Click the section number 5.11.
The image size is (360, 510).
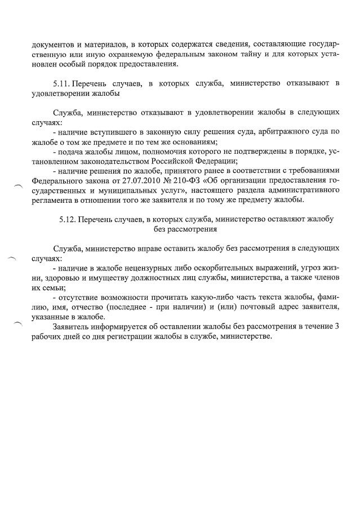tap(62, 84)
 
